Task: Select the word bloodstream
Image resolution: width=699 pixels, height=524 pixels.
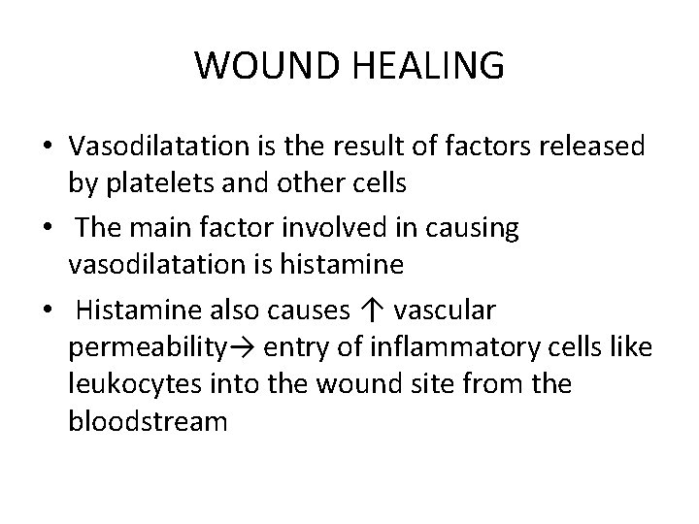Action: tap(147, 420)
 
